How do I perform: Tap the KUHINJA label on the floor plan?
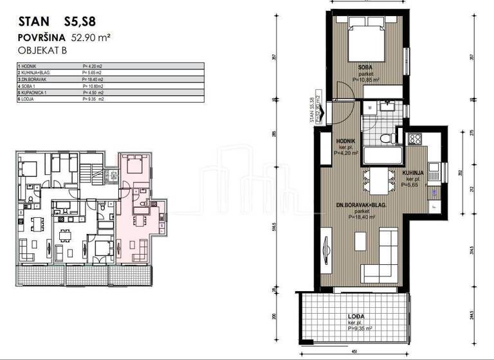[413, 174]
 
